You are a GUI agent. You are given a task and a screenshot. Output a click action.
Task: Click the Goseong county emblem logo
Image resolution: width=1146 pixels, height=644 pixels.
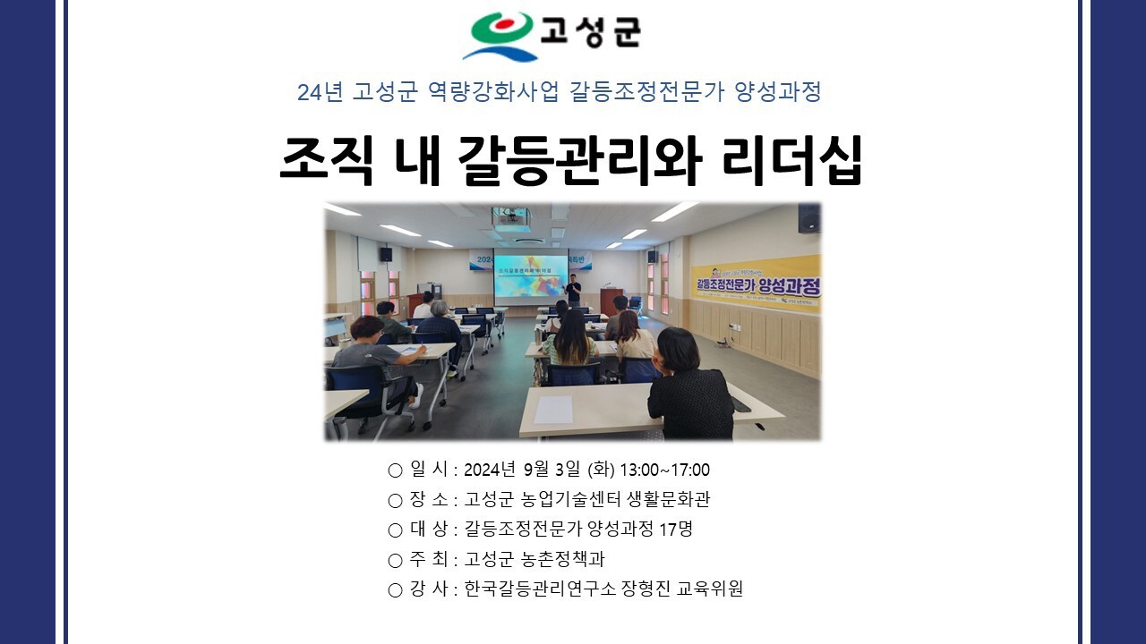501,36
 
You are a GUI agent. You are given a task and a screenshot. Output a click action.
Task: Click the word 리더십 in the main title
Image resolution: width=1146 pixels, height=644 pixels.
792,161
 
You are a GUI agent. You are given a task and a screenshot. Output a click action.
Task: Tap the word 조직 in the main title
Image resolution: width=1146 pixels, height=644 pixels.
327,161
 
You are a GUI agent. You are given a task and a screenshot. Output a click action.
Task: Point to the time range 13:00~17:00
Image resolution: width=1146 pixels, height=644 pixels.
664,470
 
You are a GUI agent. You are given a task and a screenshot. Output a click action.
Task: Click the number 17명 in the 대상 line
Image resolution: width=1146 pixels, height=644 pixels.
676,529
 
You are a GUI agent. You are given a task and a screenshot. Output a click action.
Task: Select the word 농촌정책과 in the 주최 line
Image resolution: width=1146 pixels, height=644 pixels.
562,559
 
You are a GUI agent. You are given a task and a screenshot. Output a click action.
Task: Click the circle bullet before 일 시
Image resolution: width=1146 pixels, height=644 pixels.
395,470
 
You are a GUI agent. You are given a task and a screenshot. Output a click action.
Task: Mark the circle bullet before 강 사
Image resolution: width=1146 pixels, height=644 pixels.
395,590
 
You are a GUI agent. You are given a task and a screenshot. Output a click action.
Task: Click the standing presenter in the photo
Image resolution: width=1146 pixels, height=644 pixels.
574,290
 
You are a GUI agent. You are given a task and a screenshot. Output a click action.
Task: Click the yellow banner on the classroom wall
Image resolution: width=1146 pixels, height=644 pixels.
756,284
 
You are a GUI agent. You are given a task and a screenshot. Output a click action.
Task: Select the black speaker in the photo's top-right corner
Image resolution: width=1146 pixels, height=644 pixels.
808,218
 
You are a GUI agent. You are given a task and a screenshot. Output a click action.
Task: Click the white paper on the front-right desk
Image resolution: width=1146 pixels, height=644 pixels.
553,410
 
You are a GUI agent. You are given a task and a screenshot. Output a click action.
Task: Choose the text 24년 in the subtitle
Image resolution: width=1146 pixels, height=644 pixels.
320,92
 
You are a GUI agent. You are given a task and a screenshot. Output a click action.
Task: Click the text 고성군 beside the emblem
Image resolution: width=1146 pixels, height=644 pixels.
591,32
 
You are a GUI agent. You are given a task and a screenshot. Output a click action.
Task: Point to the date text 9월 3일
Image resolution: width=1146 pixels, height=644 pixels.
552,470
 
